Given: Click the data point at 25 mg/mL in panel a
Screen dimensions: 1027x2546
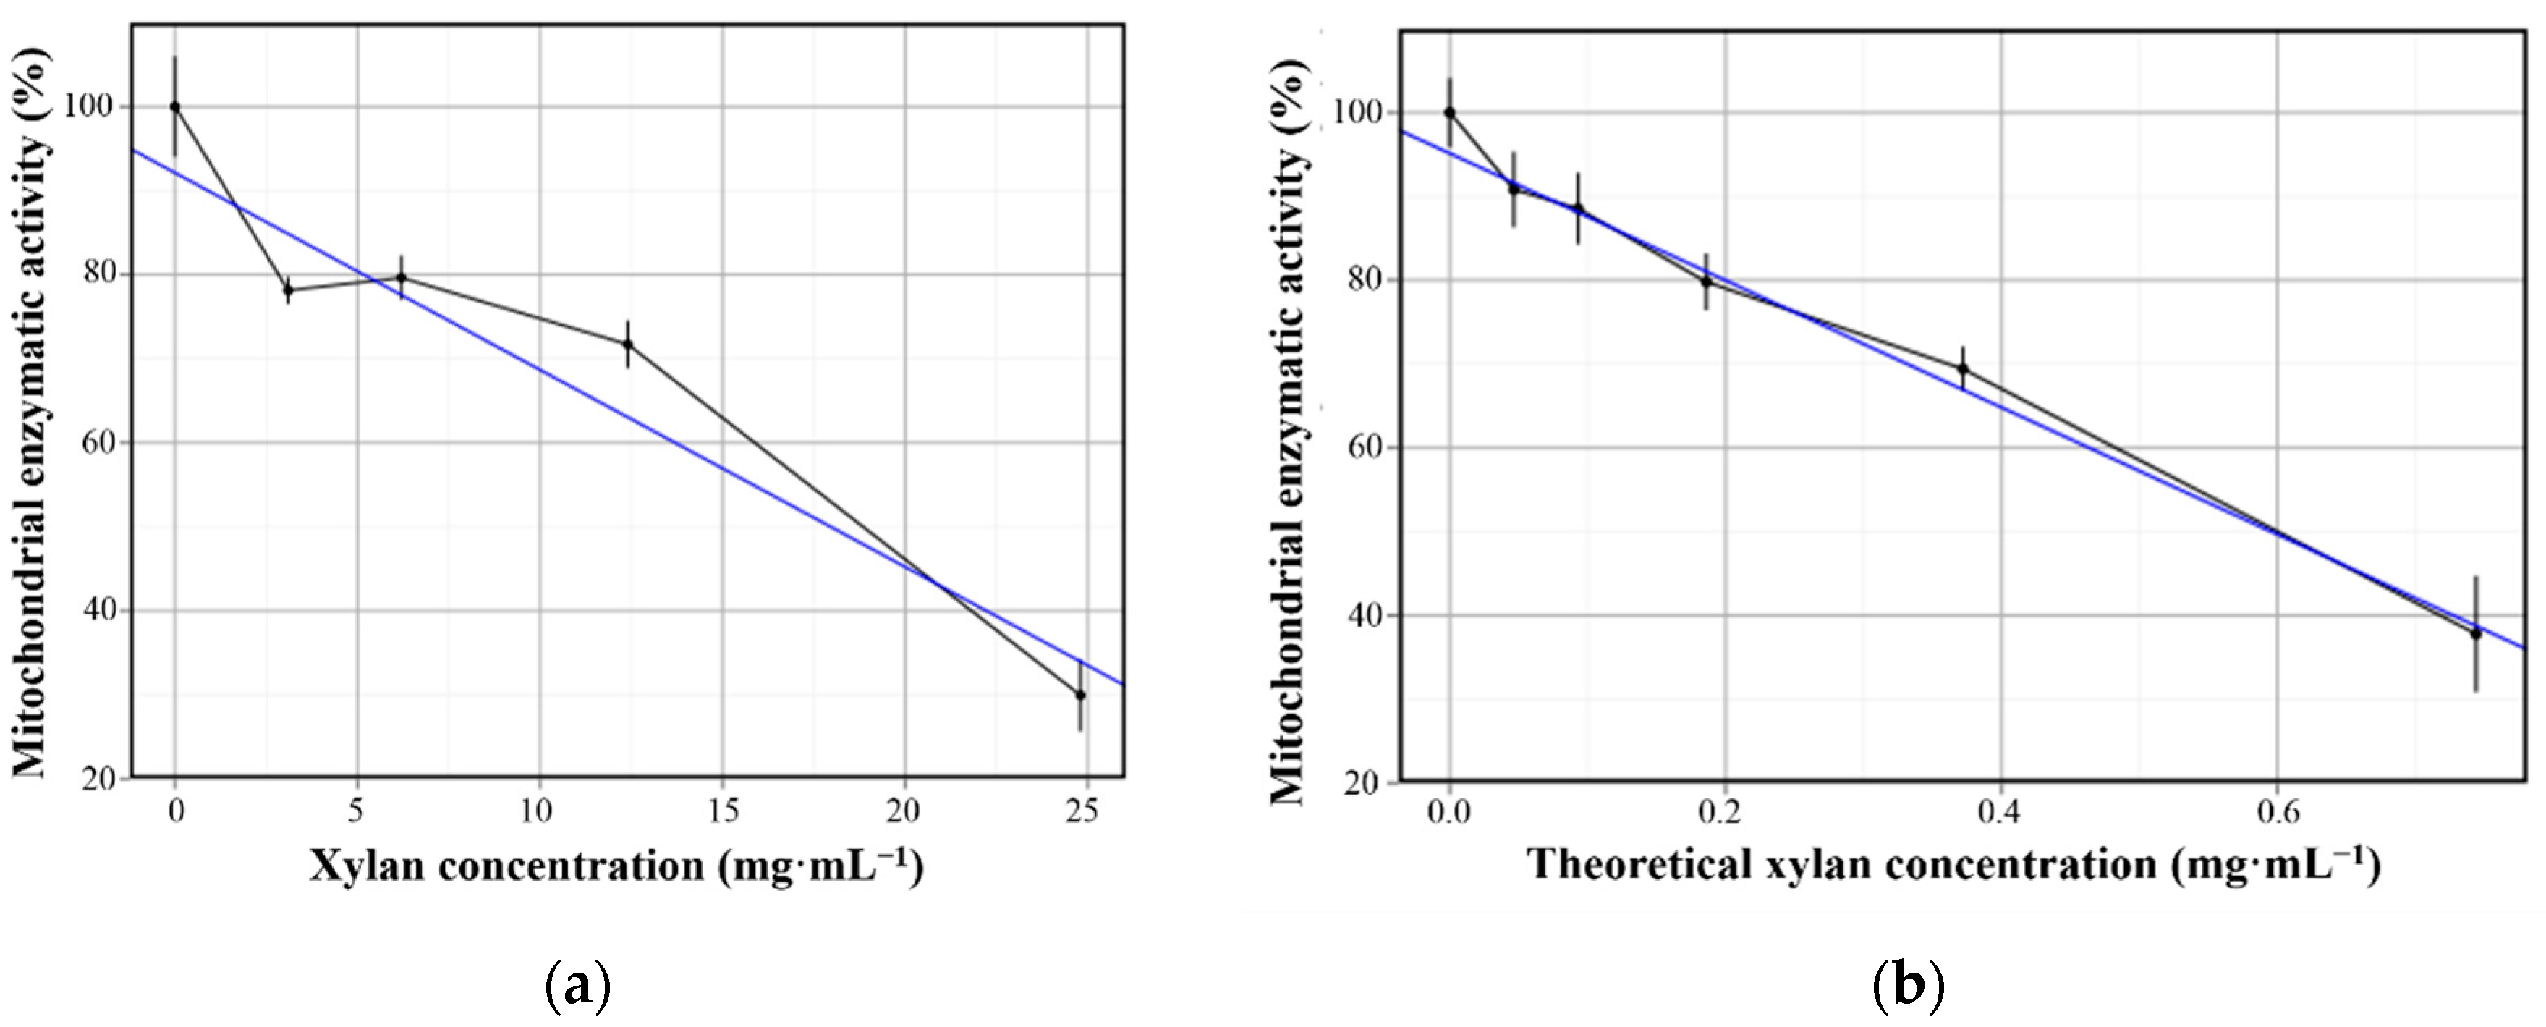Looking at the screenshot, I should coord(1080,695).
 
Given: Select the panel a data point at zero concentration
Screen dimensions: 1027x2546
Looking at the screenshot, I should coord(175,106).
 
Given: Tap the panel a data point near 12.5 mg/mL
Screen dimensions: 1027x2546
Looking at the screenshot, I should coord(627,344).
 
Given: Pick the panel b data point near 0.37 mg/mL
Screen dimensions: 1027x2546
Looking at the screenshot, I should coord(1963,368).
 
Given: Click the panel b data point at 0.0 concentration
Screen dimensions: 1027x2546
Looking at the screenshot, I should coord(1450,113).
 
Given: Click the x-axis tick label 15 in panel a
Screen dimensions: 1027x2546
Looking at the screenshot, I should coord(723,811).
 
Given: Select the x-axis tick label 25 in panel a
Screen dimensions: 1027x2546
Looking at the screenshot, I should coord(1085,811).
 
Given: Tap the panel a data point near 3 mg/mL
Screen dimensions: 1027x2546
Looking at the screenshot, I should coord(289,289).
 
